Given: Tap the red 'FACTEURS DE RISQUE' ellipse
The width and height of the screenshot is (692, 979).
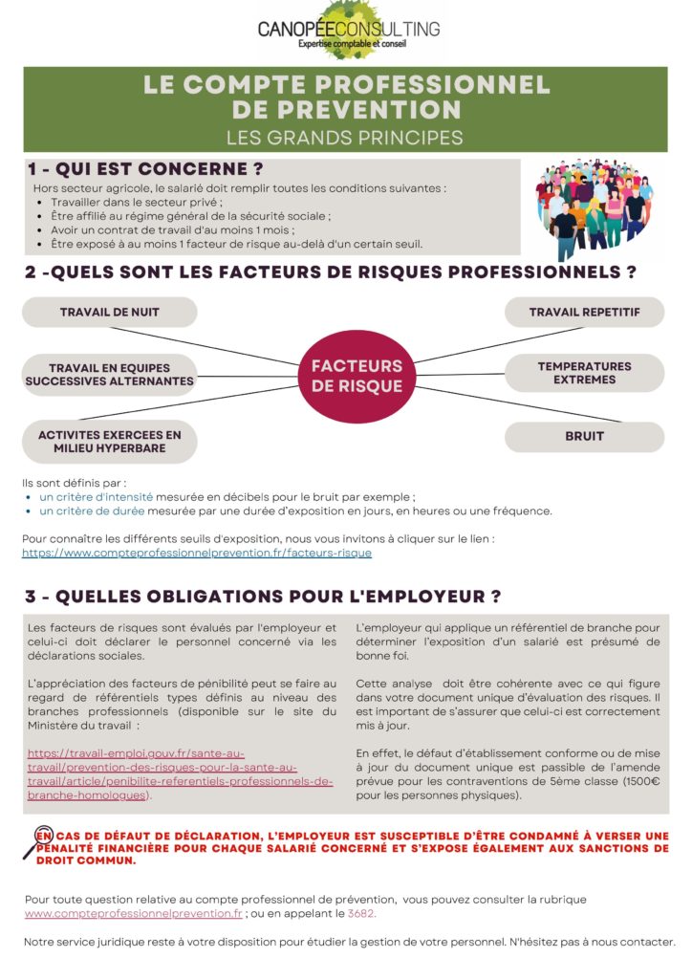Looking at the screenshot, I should [x=357, y=376].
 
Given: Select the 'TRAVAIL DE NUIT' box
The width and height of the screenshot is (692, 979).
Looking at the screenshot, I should [x=109, y=313].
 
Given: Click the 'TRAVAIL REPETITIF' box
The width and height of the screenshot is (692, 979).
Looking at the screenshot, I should [x=584, y=313].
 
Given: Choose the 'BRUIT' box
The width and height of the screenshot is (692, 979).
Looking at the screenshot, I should [x=584, y=436].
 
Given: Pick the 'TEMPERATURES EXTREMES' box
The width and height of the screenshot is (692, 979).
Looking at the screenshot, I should [x=584, y=373].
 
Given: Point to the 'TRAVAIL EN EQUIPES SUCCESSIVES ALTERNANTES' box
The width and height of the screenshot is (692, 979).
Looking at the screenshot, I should [x=109, y=374].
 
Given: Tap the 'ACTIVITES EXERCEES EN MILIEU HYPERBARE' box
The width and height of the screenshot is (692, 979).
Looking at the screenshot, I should [x=109, y=442].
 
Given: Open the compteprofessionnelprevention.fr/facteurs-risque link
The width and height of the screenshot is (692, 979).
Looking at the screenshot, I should [x=196, y=553].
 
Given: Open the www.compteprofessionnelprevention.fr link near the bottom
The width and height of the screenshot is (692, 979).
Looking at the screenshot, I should [x=134, y=914].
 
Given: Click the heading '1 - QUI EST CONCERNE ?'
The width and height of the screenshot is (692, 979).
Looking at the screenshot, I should [x=144, y=169].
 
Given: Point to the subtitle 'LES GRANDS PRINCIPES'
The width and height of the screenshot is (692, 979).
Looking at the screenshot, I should [x=345, y=137].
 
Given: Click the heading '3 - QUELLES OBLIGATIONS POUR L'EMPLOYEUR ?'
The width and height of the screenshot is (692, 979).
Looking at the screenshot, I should [x=263, y=597].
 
